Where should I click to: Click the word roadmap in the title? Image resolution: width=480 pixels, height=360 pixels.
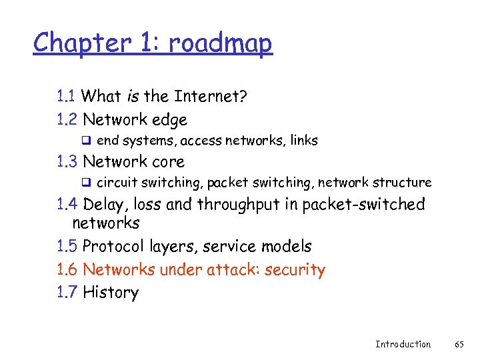point(221,43)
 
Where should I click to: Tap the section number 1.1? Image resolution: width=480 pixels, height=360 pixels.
point(67,97)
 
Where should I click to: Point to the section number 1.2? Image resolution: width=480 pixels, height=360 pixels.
point(67,120)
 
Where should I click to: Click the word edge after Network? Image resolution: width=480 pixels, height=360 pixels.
point(170,121)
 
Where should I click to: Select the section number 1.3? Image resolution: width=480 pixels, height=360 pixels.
point(67,161)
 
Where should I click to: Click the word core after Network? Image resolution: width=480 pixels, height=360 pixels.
point(169,161)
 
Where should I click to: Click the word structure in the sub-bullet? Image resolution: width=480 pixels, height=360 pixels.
point(402,182)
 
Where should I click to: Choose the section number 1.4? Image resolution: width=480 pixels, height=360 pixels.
point(67,204)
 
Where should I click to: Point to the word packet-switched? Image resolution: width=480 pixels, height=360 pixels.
point(363,204)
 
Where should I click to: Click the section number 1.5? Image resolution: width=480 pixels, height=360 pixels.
point(67,247)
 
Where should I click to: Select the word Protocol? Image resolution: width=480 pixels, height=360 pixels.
point(113,247)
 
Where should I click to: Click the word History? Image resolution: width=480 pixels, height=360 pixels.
point(111,292)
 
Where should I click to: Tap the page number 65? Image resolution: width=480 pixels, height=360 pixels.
point(459,344)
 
